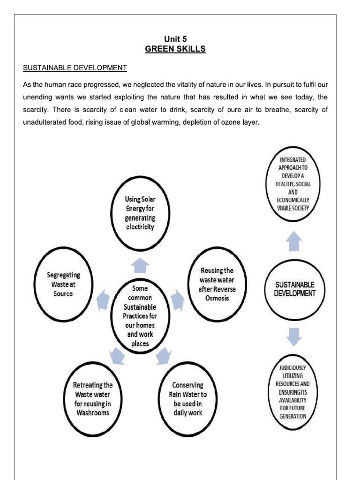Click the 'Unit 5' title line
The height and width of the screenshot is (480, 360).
point(175,39)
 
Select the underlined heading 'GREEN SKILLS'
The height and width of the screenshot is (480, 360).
point(175,49)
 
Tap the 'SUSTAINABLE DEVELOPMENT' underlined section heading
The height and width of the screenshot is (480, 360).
point(75,67)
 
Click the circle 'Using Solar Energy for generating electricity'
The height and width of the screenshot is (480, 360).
point(139,213)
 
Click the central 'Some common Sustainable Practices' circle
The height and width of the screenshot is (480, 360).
point(140,315)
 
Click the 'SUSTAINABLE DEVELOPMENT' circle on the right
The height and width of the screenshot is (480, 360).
point(294,289)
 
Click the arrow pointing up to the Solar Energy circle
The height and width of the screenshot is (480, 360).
point(140,266)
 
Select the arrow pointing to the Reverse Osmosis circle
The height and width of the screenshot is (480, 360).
point(177,300)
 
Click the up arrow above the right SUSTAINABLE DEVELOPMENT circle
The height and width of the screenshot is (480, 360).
point(293,242)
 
